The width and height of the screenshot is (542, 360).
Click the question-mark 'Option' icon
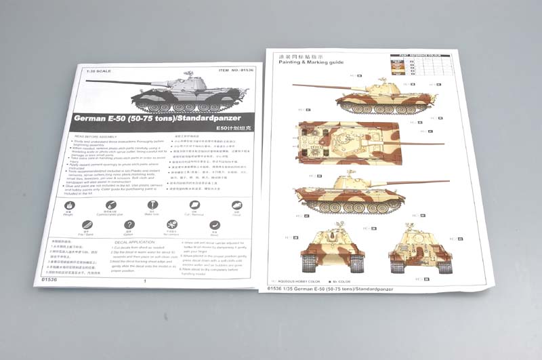click(129, 226)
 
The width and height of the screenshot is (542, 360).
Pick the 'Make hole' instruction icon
click(153, 205)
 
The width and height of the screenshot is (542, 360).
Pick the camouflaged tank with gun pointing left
click(352, 99)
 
